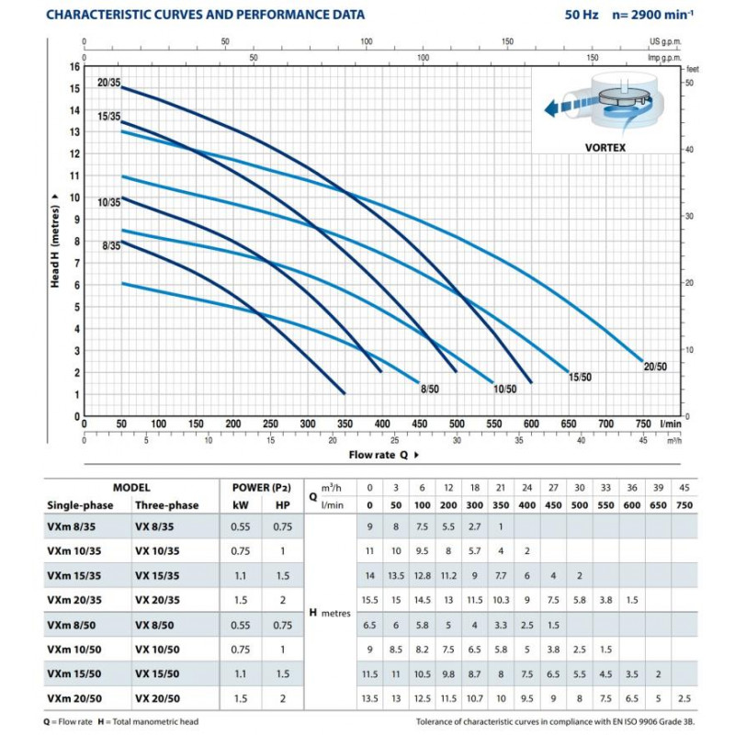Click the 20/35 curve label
coord(108,83)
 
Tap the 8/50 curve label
coord(430,389)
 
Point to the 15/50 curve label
coord(580,377)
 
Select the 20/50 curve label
coord(655,367)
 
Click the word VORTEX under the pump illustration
coord(605,148)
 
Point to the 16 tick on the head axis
coord(75,66)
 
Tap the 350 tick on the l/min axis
coord(345,424)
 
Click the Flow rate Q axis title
coord(379,455)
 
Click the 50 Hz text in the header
coord(582,15)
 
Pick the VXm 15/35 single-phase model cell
coord(74,576)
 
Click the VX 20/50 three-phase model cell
coord(157,698)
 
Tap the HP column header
coord(283,505)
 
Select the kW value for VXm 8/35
coord(241,526)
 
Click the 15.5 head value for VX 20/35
coord(370,600)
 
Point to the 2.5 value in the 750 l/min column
coord(684,698)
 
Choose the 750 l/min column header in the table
coord(684,505)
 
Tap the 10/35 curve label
coord(108,202)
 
